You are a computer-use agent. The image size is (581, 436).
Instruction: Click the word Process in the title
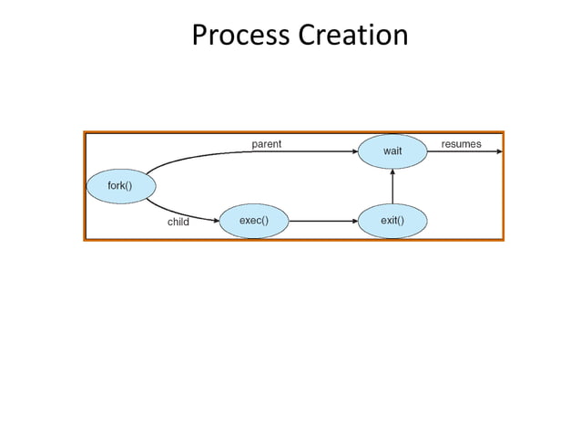coord(240,36)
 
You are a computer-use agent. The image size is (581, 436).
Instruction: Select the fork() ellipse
coord(120,186)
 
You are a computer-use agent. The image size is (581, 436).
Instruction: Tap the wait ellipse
coord(392,151)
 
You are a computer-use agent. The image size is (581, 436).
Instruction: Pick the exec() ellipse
coord(253,220)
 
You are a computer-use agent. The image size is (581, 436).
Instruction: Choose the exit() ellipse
coord(392,220)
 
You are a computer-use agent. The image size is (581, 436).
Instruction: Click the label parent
coord(266,143)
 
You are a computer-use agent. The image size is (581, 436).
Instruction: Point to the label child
coord(178,222)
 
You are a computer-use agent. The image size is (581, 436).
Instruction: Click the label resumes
coord(461,143)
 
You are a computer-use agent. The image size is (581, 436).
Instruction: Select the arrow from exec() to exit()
coord(319,220)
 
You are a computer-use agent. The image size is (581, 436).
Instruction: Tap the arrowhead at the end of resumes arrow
coord(497,151)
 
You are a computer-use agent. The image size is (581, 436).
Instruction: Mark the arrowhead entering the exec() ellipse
coord(216,220)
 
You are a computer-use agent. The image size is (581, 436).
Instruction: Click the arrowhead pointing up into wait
coord(392,172)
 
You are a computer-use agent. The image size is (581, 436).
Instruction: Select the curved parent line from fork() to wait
coord(209,154)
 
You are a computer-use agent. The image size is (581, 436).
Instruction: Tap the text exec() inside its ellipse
coord(253,220)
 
